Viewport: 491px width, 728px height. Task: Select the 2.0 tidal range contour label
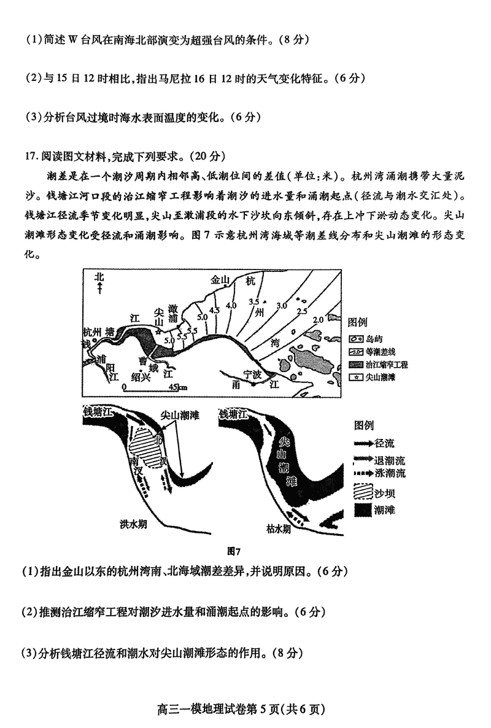click(x=317, y=320)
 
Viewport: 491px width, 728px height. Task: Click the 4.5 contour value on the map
click(x=214, y=310)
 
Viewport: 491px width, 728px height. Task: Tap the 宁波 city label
click(x=252, y=373)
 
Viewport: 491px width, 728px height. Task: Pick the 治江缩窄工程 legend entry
click(x=378, y=364)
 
